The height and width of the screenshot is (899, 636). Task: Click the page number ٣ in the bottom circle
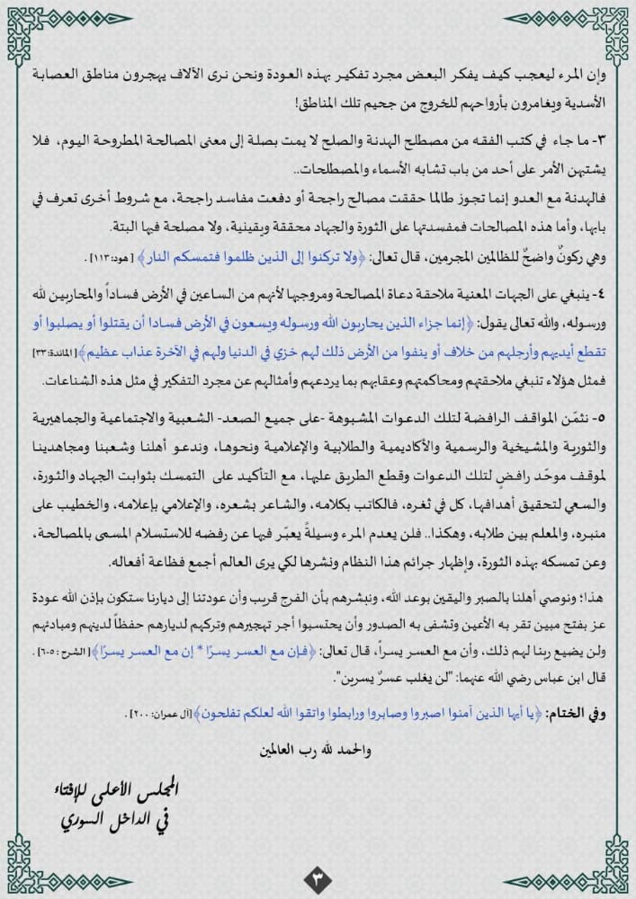pyautogui.click(x=318, y=874)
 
